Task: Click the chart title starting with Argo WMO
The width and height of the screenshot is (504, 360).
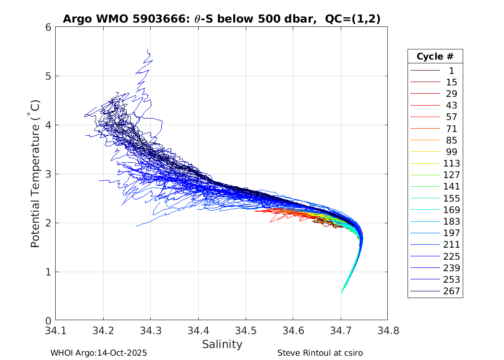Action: [x=221, y=19]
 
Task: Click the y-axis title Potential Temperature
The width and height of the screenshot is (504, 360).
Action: [x=35, y=174]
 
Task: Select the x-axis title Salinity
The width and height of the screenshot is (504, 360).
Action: [x=222, y=344]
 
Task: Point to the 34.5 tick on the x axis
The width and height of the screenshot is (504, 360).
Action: [x=246, y=330]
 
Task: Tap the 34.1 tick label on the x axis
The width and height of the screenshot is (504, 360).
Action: [x=56, y=330]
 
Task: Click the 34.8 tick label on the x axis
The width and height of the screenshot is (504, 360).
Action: [x=387, y=330]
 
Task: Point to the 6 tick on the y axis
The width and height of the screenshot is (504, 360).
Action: [x=48, y=27]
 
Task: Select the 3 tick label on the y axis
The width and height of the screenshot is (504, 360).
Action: [x=48, y=174]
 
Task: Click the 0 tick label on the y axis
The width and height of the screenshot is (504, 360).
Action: [x=48, y=321]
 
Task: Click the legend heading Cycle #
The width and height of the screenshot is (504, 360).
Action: [x=435, y=56]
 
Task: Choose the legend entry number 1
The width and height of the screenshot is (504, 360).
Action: [x=451, y=71]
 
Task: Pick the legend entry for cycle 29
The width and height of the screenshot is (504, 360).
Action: [x=451, y=94]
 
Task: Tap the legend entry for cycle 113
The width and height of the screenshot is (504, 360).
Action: [x=451, y=164]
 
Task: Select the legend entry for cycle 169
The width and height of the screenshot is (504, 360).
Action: [x=451, y=210]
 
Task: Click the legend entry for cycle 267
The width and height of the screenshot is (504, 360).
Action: [x=451, y=291]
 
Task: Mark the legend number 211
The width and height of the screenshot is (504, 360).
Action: [x=451, y=245]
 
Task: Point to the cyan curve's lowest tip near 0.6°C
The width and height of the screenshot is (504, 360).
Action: [x=341, y=292]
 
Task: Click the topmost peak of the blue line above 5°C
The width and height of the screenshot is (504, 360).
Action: [x=148, y=50]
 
